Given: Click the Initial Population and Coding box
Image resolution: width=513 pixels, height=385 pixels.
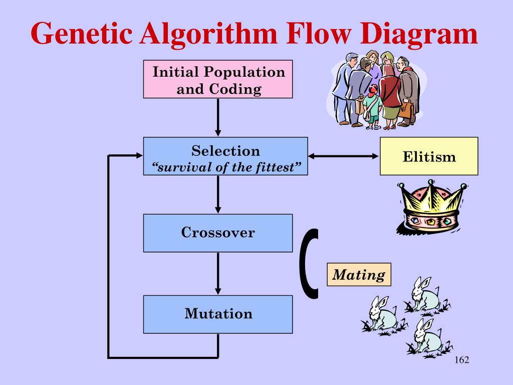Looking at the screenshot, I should (x=218, y=79).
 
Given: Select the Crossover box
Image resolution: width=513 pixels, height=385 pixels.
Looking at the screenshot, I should (x=218, y=233).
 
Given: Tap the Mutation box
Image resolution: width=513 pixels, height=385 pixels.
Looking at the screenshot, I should (x=218, y=314).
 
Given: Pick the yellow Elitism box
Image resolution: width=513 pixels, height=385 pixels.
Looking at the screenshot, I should (x=429, y=156).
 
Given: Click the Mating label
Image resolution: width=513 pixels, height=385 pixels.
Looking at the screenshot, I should (x=359, y=275).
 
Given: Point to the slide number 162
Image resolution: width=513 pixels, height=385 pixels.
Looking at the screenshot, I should (x=462, y=361).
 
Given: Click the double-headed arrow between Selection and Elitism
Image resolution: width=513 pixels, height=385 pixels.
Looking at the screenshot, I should (x=344, y=156).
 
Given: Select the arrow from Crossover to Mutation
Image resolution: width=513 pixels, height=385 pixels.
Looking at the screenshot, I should (x=218, y=273).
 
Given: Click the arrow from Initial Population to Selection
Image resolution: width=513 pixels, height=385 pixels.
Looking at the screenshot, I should (x=218, y=117).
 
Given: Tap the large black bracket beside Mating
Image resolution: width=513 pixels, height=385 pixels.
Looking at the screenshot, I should (x=311, y=263).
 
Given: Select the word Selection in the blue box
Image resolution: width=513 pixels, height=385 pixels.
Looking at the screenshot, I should (x=225, y=151).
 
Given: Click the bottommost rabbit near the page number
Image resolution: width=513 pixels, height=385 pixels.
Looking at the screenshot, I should (x=427, y=337).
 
